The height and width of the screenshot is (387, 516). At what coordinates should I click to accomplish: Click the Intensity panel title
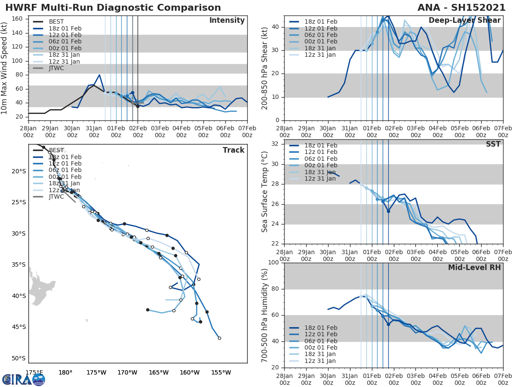point(227,21)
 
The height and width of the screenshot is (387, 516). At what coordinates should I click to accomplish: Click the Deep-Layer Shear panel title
point(464,21)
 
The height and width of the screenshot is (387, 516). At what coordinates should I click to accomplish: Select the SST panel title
point(493,144)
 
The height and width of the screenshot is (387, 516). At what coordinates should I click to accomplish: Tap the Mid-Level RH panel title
point(474,267)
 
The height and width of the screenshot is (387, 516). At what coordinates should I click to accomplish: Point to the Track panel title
point(233,150)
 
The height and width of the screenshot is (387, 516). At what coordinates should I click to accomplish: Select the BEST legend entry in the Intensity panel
point(56,22)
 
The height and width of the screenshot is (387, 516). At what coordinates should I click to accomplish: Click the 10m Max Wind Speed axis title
point(5,68)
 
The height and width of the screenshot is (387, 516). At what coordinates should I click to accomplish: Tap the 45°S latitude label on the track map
point(19,327)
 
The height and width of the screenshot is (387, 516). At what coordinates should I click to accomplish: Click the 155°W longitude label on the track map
point(221,372)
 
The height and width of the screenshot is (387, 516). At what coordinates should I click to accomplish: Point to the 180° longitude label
point(65,372)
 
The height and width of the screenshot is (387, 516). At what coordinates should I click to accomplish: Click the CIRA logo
point(24,379)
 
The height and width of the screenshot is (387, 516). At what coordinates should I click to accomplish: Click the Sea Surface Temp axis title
point(265,192)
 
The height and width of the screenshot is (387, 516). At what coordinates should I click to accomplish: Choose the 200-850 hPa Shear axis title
point(265,68)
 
